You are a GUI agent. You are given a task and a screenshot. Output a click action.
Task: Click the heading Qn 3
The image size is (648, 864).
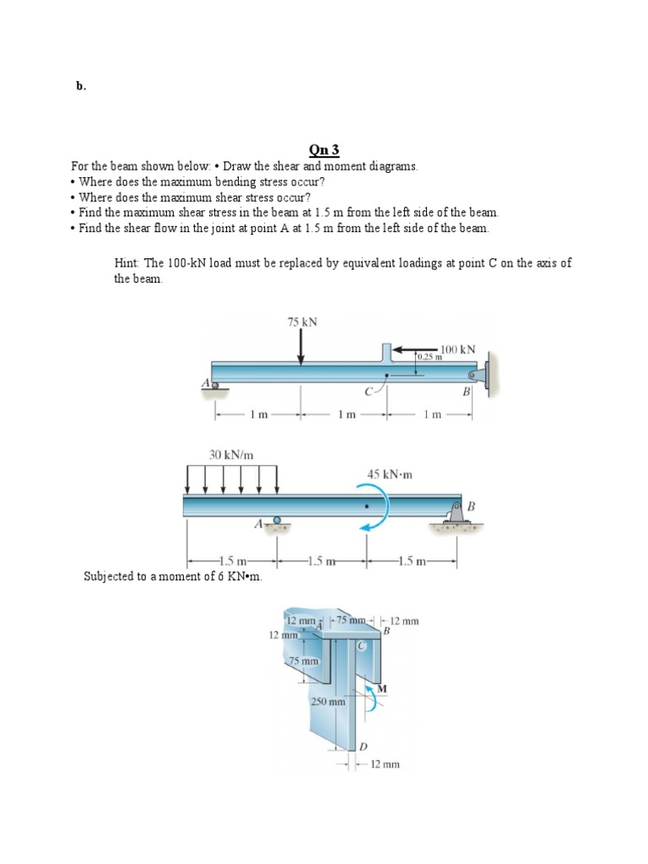[x=324, y=150]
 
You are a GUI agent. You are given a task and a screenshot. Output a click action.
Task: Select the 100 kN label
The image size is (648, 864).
[x=457, y=348]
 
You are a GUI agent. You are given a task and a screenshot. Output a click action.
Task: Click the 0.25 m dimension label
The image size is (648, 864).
[x=429, y=358]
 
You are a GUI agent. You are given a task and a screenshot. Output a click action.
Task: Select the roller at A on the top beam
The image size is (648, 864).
[x=213, y=386]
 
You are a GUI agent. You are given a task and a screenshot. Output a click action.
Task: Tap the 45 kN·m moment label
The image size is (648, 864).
[x=389, y=474]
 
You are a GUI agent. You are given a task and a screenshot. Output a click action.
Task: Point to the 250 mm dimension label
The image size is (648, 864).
[x=328, y=701]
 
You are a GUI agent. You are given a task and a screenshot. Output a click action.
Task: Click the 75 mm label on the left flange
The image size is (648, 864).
[x=302, y=661]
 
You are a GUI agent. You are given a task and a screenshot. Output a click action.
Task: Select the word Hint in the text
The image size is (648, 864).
[x=127, y=263]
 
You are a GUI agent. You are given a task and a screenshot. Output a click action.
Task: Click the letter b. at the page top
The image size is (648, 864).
[x=81, y=86]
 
